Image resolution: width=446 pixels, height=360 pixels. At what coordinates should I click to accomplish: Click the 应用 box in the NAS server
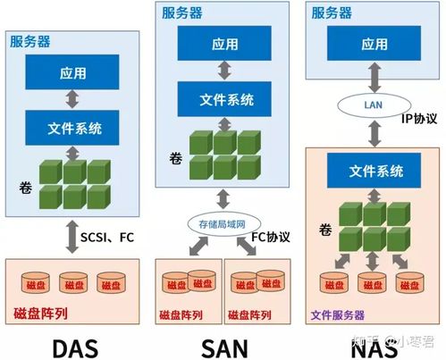click(374, 43)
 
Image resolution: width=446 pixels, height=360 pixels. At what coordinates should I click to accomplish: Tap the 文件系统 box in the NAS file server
click(374, 170)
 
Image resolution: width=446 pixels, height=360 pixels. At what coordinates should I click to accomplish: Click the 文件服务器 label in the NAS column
click(338, 314)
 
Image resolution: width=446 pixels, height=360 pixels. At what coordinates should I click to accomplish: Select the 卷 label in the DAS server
click(25, 187)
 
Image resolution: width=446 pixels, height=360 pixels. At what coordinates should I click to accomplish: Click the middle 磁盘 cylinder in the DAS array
click(75, 283)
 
